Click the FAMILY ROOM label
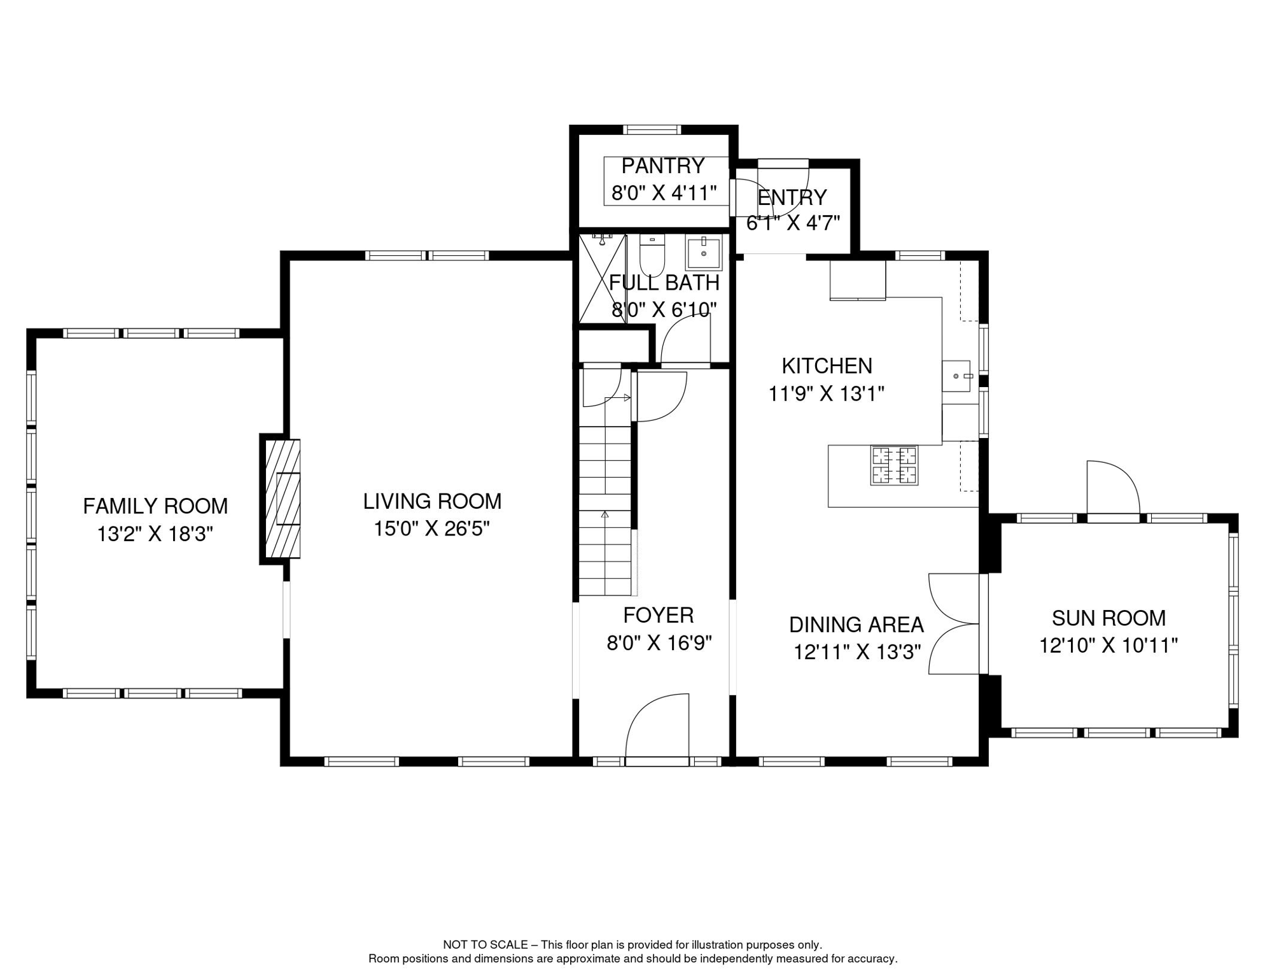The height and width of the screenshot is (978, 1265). [155, 506]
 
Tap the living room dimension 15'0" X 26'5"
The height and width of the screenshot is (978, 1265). [431, 528]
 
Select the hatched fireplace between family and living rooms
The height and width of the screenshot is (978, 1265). [281, 499]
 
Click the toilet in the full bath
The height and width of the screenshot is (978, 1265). [652, 254]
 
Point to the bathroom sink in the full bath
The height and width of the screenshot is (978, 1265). [704, 253]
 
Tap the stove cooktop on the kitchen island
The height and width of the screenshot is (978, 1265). [894, 465]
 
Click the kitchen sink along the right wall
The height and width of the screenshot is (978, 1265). [956, 376]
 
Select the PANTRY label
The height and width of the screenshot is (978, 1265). [663, 166]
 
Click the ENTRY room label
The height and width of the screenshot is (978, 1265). [792, 197]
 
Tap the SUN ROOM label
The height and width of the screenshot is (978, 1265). [1108, 618]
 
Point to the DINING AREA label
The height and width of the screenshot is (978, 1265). [856, 625]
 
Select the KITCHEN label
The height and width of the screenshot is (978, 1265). [827, 365]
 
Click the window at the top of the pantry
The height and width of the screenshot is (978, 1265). [652, 130]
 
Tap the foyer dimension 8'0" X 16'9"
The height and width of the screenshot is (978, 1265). [659, 643]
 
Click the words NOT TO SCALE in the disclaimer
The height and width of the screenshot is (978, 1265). [486, 945]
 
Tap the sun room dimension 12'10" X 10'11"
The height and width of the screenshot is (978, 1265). [1108, 646]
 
